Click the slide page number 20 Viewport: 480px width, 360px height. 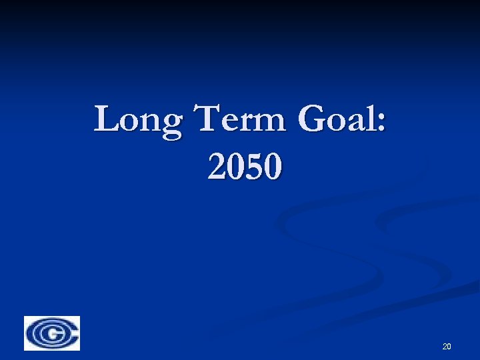point(447,346)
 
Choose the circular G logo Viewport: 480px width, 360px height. point(52,333)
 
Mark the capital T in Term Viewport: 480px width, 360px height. point(205,119)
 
